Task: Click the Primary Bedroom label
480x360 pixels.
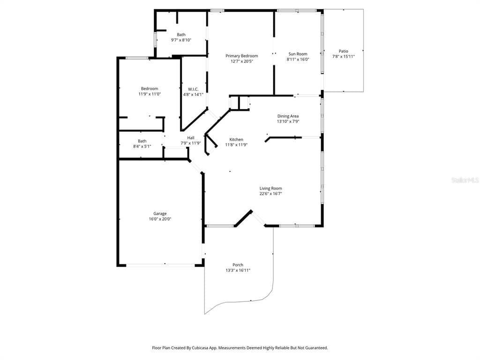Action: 241,56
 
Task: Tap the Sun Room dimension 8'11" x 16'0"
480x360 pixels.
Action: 298,60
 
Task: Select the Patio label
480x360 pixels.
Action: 344,51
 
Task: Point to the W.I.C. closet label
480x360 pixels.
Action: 193,89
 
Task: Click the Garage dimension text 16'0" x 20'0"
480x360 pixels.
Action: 160,219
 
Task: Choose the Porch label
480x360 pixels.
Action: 238,265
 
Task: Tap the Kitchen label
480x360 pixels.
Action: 236,140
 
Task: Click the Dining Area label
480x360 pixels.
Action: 288,116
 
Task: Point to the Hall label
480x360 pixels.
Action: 191,138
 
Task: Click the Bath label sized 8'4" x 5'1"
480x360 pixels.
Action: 142,141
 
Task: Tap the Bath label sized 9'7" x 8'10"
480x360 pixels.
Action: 181,35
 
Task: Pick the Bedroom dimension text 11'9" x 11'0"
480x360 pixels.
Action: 150,94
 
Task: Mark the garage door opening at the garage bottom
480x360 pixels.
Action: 161,265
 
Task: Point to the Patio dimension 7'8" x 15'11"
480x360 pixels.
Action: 344,56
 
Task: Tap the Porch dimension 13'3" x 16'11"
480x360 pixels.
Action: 238,270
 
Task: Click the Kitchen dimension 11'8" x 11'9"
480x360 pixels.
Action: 236,145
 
